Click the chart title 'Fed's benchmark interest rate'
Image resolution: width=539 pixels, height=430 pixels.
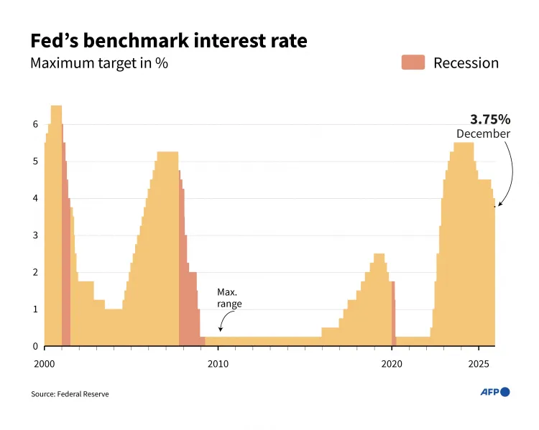pos(168,40)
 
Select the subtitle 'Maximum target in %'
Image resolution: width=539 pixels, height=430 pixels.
pos(99,63)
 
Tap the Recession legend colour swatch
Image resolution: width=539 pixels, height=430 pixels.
pos(413,62)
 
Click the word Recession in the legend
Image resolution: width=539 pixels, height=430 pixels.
pos(466,63)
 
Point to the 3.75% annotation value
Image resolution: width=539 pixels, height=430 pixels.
pos(489,119)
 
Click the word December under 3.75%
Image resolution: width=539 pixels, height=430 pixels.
pos(483,134)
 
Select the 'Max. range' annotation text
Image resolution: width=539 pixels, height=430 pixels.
pos(229,298)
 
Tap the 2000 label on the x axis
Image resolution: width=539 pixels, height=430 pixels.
pos(45,363)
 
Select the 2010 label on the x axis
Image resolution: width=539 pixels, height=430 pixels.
pos(218,363)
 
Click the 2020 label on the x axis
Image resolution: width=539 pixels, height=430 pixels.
pos(392,363)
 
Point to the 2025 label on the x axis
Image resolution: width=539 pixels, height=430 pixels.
pos(479,363)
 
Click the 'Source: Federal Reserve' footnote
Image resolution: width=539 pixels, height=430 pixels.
pos(70,394)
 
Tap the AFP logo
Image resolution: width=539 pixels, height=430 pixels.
pos(494,392)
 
